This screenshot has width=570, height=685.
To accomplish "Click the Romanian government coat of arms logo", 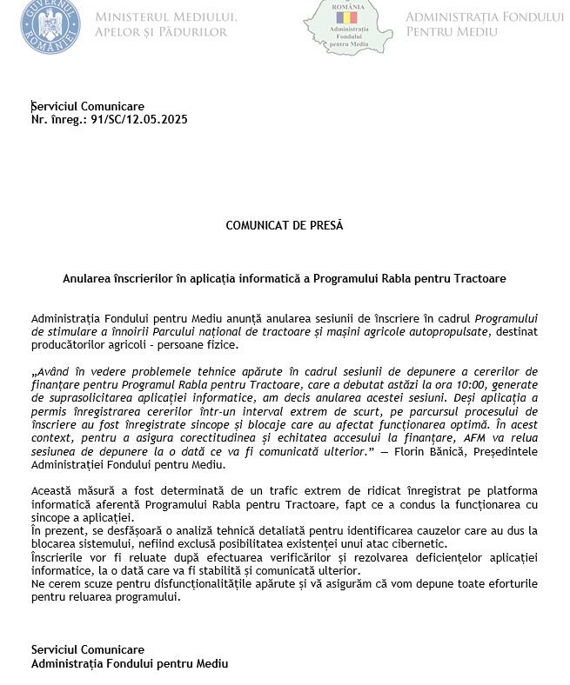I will coord(50,25).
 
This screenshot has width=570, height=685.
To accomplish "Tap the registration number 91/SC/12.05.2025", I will coord(133,120).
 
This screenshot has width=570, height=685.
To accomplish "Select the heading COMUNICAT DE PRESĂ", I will coord(285,225).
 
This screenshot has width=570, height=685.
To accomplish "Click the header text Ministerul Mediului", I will coord(165,17).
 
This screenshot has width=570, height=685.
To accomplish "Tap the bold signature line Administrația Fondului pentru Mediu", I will coord(130,663).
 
